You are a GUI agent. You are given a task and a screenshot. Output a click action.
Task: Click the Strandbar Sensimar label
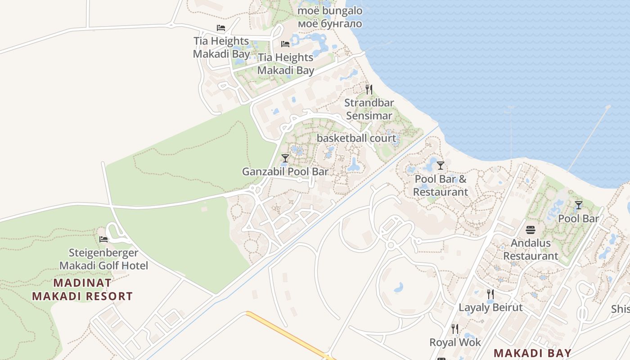click(369, 109)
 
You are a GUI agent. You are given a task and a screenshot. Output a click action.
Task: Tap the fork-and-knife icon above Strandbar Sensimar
click(369, 89)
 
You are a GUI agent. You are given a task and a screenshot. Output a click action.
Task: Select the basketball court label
click(356, 138)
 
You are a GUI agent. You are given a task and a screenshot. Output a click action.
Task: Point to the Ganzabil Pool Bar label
click(285, 171)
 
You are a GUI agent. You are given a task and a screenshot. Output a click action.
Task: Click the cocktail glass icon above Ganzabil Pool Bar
click(285, 158)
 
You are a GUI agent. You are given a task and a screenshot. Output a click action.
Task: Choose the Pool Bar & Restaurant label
click(441, 185)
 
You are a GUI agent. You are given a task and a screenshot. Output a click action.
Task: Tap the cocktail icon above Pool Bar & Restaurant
click(441, 165)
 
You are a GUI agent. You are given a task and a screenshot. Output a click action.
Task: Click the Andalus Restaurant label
click(531, 249)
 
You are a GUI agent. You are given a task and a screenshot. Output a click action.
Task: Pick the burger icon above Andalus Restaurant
click(531, 229)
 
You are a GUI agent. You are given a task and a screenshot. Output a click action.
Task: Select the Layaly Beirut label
click(490, 307)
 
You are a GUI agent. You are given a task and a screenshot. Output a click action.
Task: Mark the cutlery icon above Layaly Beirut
click(490, 294)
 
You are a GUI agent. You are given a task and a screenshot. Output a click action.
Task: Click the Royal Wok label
click(455, 342)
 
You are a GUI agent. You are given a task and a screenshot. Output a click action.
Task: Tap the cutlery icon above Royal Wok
click(455, 329)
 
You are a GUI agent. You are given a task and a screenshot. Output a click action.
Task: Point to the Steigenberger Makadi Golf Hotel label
click(103, 259)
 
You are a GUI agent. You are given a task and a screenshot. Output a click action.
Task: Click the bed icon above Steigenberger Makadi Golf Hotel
click(103, 239)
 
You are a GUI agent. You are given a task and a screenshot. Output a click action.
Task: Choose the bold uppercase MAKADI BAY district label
click(532, 353)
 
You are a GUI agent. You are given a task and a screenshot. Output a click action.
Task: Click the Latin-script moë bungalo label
click(330, 10)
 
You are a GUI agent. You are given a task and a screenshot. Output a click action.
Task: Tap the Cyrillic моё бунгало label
click(330, 23)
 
